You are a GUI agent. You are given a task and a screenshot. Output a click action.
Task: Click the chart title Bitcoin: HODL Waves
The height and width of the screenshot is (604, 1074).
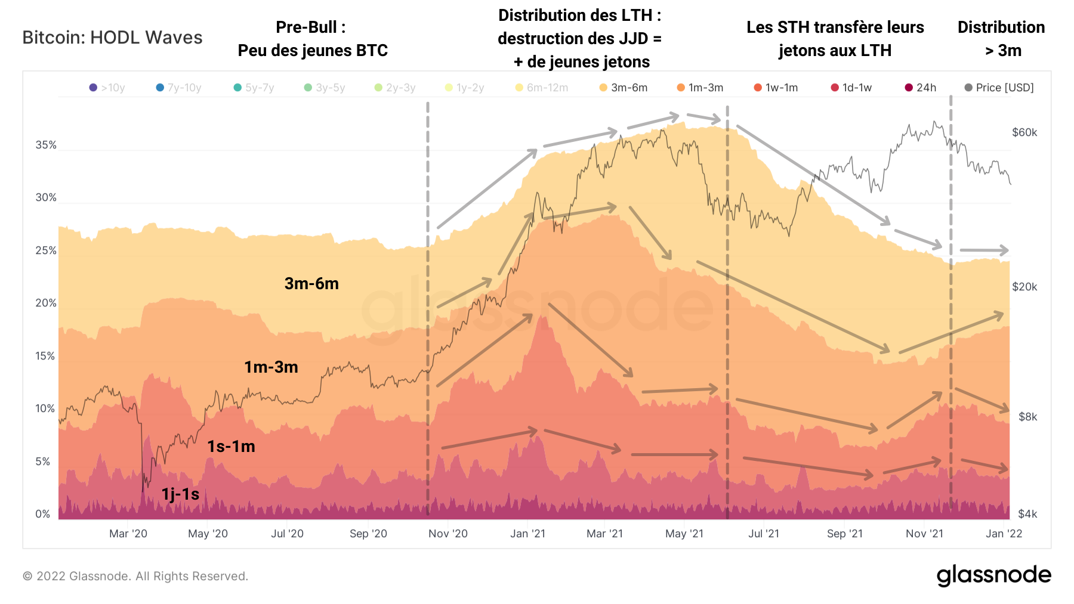[x=112, y=38]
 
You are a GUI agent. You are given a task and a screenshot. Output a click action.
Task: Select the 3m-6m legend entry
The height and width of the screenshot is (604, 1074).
[x=624, y=88]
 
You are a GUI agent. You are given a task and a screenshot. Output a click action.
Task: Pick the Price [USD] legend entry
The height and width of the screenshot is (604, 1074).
[x=999, y=88]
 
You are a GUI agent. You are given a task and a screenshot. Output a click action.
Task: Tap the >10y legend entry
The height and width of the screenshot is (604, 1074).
[x=107, y=88]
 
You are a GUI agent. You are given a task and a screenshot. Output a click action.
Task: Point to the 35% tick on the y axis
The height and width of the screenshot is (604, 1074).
[x=46, y=145]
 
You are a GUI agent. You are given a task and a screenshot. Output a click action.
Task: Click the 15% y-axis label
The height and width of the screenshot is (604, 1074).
[x=46, y=356]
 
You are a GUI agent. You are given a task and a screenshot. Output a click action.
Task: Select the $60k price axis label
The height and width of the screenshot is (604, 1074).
[x=1024, y=132]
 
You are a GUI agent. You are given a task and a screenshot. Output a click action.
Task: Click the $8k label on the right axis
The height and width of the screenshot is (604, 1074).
[x=1027, y=417]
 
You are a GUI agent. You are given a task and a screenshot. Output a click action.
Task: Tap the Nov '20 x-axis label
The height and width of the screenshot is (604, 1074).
[x=447, y=534]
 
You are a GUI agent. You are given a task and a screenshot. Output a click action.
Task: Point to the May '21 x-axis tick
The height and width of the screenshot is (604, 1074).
[x=684, y=534]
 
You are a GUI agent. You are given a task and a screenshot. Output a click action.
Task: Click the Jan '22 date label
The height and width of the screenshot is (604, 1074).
[x=1004, y=534]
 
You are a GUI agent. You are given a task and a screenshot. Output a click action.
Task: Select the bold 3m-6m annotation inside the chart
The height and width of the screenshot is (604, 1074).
[x=311, y=284]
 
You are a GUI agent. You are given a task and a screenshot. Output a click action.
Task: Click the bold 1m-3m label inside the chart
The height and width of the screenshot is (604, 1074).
[x=271, y=367]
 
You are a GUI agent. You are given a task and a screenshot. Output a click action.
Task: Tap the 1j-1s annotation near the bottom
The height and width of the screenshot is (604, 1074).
[x=180, y=494]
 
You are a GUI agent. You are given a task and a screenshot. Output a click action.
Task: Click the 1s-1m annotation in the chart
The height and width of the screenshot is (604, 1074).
[x=231, y=447]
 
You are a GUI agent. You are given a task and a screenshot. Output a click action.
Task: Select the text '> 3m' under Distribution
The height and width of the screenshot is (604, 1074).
[x=1003, y=51]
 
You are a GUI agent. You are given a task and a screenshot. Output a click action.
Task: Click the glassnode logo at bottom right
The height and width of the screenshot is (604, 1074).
[x=993, y=575]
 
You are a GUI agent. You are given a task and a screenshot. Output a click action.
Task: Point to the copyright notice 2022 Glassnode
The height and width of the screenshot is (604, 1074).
[x=135, y=576]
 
